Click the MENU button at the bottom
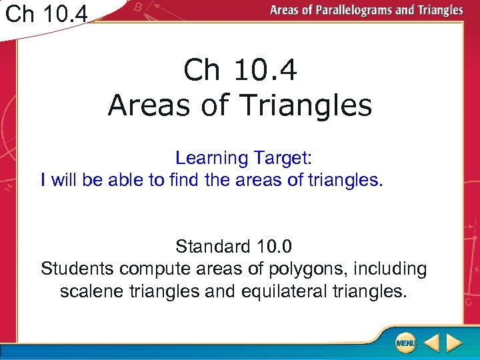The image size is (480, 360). [x=405, y=343]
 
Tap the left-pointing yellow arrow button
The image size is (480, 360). [x=431, y=343]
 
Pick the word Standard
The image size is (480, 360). [x=213, y=247]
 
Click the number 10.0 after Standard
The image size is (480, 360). [x=273, y=247]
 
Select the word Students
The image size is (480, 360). [x=77, y=269]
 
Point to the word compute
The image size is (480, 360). [x=154, y=269]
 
